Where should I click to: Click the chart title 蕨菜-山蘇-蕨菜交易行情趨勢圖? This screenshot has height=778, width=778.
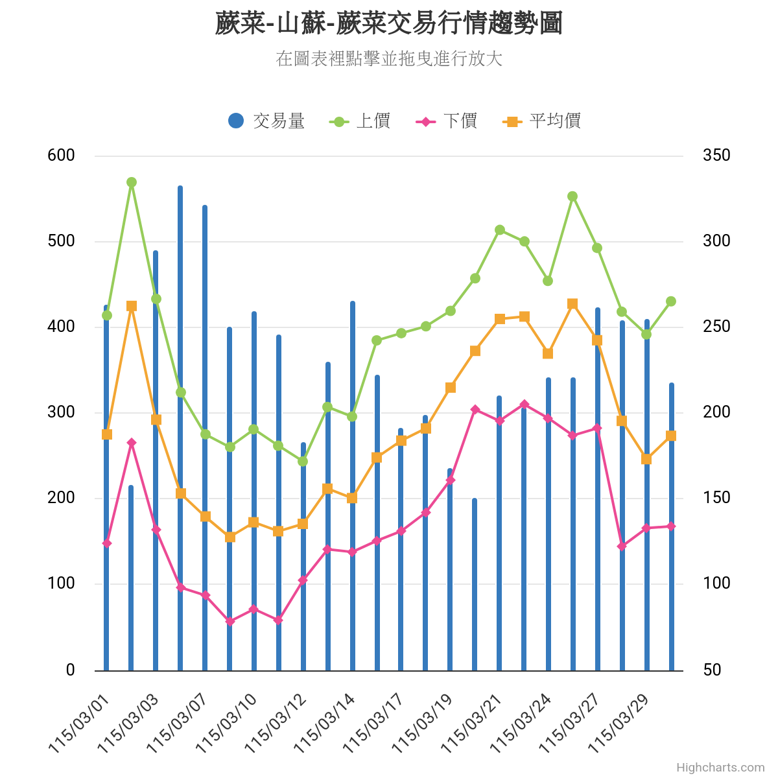tap(389, 24)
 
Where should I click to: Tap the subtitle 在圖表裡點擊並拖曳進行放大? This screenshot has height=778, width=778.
tap(389, 59)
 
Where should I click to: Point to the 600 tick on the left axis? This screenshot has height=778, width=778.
tap(62, 156)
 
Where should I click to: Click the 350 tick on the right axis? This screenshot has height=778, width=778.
tap(716, 156)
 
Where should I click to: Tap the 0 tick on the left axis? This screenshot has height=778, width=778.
tap(71, 670)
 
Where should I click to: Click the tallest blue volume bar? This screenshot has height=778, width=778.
tap(180, 428)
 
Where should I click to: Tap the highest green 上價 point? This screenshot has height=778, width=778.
tap(132, 182)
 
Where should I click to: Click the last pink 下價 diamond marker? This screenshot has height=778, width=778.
tap(671, 526)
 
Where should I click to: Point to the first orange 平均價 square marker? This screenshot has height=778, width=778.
tap(107, 434)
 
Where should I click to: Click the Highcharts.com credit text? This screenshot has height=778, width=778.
tap(720, 768)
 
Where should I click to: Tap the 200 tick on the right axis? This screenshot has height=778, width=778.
tap(716, 412)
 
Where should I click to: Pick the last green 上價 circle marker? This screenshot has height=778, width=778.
tap(671, 301)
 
